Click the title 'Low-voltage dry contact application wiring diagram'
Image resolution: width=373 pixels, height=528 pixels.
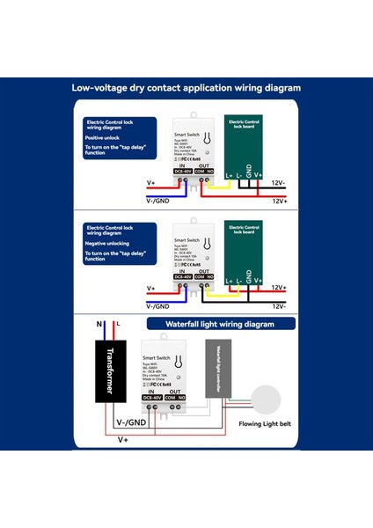click(186, 88)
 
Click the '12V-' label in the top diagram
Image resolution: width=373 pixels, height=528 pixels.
click(279, 184)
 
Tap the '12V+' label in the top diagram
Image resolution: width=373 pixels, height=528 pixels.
click(280, 201)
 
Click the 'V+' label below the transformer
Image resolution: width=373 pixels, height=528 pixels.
click(122, 437)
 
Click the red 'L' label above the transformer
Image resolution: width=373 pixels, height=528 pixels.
click(116, 325)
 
